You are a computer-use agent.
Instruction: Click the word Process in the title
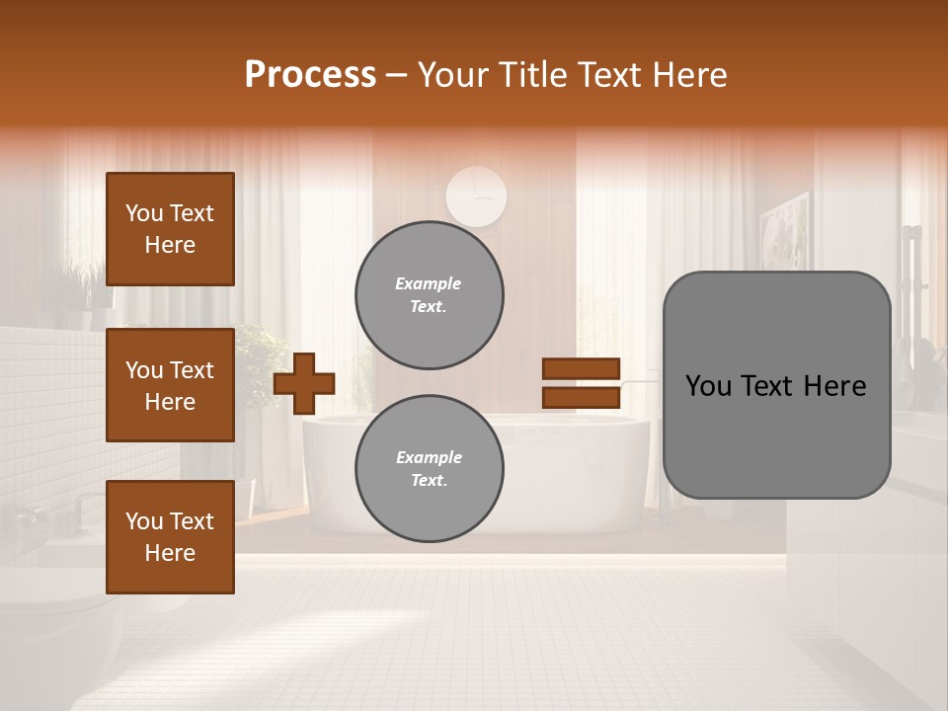[x=310, y=75]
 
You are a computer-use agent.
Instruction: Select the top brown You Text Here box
[x=170, y=229]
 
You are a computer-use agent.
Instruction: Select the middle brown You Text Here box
[x=170, y=385]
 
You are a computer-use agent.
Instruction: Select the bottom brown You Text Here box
[x=170, y=537]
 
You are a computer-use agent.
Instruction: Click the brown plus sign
[x=304, y=383]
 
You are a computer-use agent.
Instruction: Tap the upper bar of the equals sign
[x=582, y=369]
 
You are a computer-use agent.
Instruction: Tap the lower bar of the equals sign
[x=582, y=398]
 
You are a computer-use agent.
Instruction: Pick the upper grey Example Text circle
[x=429, y=294]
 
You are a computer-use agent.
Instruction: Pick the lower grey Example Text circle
[x=429, y=468]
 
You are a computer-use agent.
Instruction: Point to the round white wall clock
[x=476, y=196]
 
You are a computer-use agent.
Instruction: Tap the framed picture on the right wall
[x=784, y=232]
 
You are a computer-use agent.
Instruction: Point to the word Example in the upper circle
[x=428, y=283]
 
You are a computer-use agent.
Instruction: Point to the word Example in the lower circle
[x=429, y=457]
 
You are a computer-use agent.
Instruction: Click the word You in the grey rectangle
[x=708, y=386]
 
